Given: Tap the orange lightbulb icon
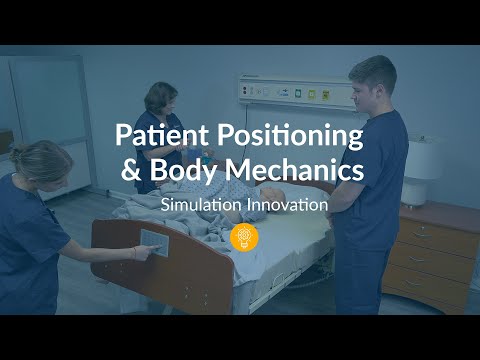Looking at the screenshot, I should [x=240, y=238].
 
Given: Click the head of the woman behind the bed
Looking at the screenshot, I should [x=160, y=99].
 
